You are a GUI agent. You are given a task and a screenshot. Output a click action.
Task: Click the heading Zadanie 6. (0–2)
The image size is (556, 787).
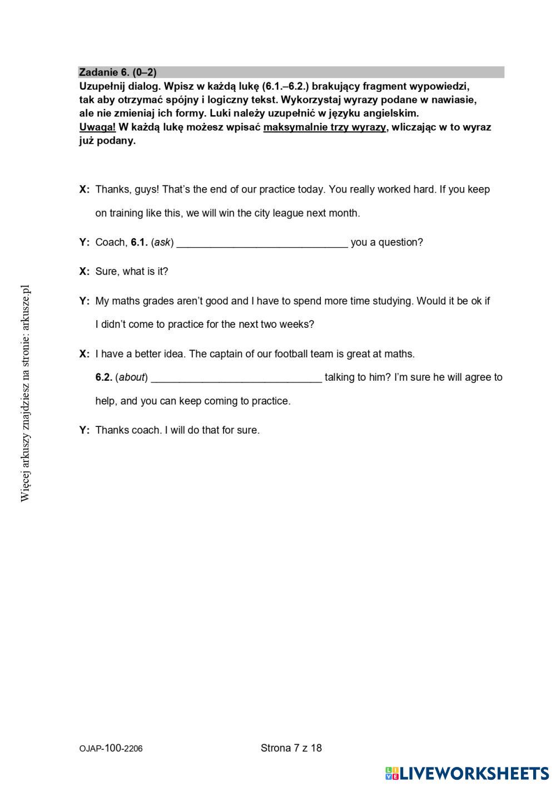coord(118,72)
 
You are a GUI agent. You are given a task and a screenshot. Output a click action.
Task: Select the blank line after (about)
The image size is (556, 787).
coord(236,377)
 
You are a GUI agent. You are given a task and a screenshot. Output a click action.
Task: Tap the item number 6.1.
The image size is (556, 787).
coord(139,243)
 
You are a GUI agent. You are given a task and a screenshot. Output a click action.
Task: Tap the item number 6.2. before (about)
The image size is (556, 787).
coord(103,377)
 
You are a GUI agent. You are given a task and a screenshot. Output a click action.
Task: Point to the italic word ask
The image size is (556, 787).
coord(162,243)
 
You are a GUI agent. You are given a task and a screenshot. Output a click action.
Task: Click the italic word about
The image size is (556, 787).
coord(132,377)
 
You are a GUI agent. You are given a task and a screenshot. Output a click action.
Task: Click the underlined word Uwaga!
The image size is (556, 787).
coord(97,127)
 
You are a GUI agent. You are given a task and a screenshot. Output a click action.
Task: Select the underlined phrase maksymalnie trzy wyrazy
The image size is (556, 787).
coord(325,127)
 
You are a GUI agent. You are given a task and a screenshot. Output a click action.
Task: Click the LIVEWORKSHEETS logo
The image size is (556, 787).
coord(467,773)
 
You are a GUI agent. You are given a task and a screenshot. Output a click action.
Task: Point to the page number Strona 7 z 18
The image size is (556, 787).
coord(291,748)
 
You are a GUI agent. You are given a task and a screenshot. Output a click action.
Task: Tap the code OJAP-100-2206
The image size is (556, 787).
coord(111,749)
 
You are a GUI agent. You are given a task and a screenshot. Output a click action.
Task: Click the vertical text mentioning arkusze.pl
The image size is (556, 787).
coord(25,393)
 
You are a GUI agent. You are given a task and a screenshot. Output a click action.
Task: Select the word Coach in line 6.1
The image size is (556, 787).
coord(111,243)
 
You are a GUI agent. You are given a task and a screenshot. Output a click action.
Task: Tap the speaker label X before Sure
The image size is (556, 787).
coord(85,272)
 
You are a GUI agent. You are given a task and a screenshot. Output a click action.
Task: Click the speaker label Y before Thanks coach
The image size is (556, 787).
coord(85,430)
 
